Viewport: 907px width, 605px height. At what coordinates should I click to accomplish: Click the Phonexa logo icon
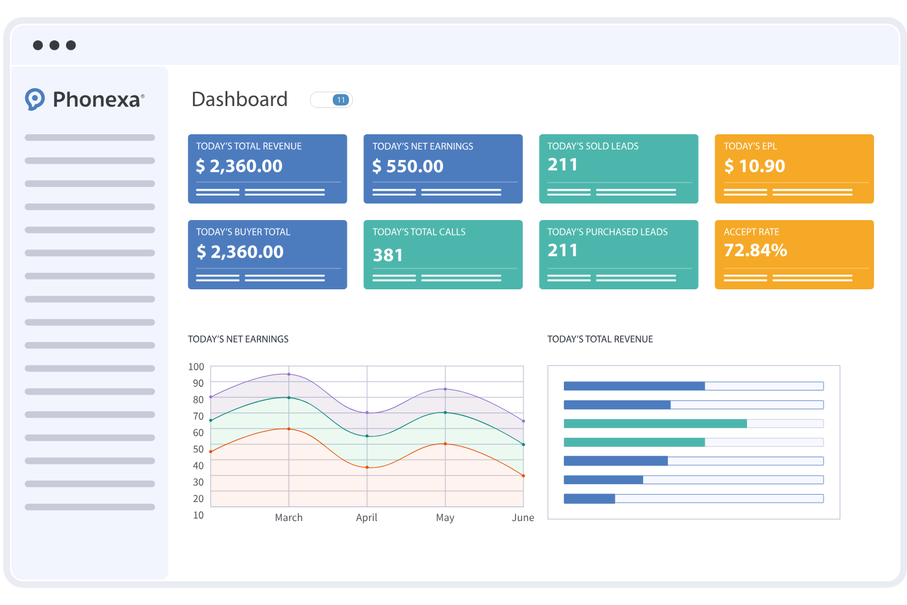(x=35, y=99)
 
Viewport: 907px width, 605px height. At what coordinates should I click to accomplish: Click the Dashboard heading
(x=239, y=99)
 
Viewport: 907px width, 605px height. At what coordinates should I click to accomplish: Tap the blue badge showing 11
(x=341, y=100)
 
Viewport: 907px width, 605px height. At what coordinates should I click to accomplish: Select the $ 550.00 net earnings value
(x=408, y=166)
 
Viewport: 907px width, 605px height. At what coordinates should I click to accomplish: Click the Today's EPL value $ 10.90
(x=754, y=166)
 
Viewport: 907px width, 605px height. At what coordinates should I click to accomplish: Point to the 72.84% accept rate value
(x=755, y=250)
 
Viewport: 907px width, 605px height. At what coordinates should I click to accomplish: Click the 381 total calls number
(x=388, y=255)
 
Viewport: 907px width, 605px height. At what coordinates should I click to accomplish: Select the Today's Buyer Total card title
(x=243, y=232)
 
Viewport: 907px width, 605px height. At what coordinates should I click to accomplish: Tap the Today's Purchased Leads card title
(x=607, y=232)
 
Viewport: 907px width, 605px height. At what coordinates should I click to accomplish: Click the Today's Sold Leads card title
(x=593, y=146)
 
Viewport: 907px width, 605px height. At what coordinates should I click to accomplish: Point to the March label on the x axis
(x=289, y=517)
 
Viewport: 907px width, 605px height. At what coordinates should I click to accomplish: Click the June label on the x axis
(x=523, y=517)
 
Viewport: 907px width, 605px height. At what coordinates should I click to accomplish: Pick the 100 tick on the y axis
(x=196, y=367)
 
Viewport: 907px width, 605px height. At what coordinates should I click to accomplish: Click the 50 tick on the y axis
(x=198, y=449)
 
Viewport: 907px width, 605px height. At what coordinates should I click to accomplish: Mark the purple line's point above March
(x=289, y=374)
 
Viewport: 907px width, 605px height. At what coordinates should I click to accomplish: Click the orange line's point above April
(x=367, y=468)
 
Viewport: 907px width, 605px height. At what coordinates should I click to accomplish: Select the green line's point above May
(x=445, y=413)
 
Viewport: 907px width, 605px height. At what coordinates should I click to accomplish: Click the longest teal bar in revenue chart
(x=655, y=424)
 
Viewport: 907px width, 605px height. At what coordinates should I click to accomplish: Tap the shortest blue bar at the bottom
(x=589, y=499)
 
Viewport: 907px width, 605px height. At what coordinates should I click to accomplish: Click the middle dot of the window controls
(x=55, y=45)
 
